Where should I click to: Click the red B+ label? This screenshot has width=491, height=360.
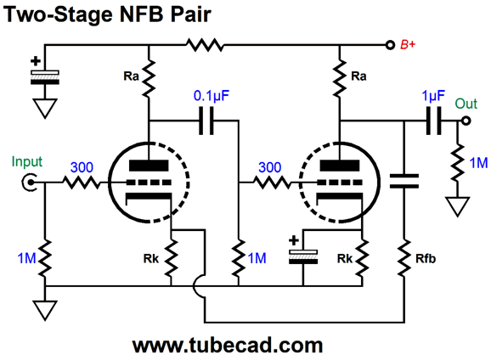click(408, 44)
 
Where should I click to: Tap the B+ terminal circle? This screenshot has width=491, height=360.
click(390, 45)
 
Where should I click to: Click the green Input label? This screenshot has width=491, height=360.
click(27, 162)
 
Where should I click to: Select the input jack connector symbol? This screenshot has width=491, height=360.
click(29, 183)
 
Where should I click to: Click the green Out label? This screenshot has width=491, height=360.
click(466, 104)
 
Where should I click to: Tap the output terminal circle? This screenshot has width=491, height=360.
click(466, 121)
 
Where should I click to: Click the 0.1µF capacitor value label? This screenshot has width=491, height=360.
click(212, 95)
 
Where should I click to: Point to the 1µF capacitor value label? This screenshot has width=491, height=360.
click(433, 95)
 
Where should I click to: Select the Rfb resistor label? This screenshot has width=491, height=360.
click(426, 259)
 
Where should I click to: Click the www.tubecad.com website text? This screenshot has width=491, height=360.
click(228, 345)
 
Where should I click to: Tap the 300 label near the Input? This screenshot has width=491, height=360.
click(82, 167)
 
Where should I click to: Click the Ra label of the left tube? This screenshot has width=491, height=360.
click(131, 76)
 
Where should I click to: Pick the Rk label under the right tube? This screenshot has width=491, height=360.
click(345, 259)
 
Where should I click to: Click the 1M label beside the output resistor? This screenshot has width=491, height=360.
click(479, 163)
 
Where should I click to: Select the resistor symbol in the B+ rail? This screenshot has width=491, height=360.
click(205, 45)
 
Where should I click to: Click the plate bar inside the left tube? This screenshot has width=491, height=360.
click(149, 166)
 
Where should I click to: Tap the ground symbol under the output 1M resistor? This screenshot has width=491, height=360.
click(458, 206)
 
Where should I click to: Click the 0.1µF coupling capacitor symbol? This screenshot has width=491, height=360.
click(206, 121)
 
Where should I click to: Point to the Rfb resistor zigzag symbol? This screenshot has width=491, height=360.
click(404, 258)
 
